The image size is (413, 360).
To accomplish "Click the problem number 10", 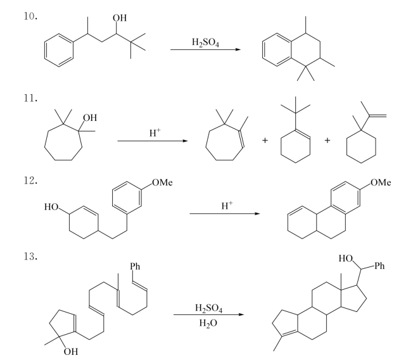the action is click(30, 16).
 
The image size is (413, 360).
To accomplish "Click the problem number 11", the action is click(30, 98).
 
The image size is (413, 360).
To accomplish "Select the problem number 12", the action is click(30, 180).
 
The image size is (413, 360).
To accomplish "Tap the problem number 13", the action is click(30, 256).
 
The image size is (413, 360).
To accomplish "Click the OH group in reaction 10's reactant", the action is click(120, 18).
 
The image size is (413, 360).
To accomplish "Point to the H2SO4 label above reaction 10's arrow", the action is click(205, 42).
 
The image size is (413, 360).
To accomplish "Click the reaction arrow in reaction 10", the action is click(205, 49).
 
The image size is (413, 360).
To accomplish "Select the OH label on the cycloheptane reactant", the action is click(90, 118).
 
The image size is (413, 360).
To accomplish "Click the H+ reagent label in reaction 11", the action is click(155, 132).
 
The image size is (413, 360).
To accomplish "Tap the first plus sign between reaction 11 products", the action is click(265, 140).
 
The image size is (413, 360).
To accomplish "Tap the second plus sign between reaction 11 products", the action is click(327, 140).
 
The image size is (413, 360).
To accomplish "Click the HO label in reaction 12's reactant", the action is click(51, 207).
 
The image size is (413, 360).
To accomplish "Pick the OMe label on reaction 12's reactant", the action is click(163, 182).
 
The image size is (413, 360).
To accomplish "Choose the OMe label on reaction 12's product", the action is click(381, 182).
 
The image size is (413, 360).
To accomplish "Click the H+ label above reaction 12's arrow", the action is click(227, 205).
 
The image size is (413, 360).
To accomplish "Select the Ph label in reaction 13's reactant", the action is click(135, 266).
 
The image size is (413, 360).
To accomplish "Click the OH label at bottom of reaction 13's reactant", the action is click(71, 351).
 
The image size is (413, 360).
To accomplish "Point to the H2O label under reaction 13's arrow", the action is click(208, 323).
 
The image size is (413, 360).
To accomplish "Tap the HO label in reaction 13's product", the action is click(346, 258).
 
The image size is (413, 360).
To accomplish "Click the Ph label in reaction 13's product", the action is click(379, 266).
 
